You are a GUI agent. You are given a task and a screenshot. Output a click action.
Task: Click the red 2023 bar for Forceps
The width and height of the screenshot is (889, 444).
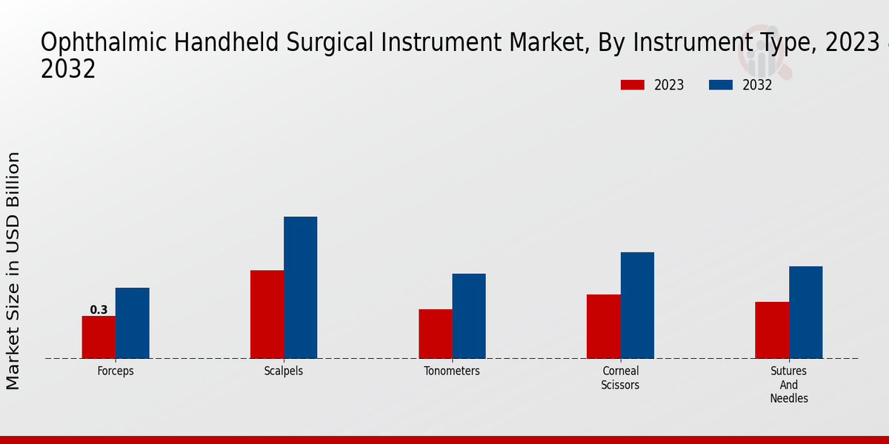(x=99, y=337)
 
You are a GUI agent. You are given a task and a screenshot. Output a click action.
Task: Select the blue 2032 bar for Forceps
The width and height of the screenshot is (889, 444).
(x=133, y=323)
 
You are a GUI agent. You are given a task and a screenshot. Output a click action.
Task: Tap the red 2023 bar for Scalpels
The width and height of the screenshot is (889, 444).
(x=267, y=314)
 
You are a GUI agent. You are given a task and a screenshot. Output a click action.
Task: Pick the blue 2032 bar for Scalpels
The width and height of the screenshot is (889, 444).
(x=301, y=287)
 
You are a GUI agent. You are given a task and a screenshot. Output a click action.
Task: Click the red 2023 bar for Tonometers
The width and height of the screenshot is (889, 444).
(x=436, y=334)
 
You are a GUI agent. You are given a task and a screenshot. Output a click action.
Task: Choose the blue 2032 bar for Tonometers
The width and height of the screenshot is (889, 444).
(x=469, y=316)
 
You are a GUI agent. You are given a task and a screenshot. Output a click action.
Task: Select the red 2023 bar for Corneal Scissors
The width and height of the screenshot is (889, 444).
(x=604, y=326)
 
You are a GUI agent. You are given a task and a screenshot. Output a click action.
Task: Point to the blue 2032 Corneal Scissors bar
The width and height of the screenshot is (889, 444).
(x=637, y=305)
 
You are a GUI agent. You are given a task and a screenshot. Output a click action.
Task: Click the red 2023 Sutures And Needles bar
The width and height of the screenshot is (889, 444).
(x=772, y=330)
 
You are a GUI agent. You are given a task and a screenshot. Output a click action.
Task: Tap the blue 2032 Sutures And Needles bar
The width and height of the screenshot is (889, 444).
(x=806, y=312)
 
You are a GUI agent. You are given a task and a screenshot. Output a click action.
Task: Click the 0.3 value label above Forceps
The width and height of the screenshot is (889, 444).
(x=99, y=309)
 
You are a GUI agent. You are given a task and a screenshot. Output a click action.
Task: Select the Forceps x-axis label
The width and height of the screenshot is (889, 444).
(x=116, y=371)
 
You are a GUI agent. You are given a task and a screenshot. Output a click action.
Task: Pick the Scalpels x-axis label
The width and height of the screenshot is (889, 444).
(x=284, y=371)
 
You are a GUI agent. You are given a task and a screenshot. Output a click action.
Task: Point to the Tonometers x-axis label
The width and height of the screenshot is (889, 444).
(x=452, y=371)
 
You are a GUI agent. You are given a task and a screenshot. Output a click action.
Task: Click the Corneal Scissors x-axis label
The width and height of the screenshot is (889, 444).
(x=620, y=378)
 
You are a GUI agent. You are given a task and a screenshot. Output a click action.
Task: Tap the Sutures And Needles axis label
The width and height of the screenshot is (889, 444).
(x=788, y=385)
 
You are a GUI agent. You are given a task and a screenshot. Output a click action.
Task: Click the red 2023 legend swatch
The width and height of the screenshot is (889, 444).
(x=633, y=85)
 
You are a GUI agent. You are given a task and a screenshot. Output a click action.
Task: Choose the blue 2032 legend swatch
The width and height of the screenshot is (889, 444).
(x=721, y=85)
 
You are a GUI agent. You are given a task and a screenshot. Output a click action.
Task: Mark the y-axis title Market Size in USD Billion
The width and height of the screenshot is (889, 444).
(x=13, y=271)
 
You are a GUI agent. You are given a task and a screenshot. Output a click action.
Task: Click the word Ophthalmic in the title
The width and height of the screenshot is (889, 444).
(x=104, y=43)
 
